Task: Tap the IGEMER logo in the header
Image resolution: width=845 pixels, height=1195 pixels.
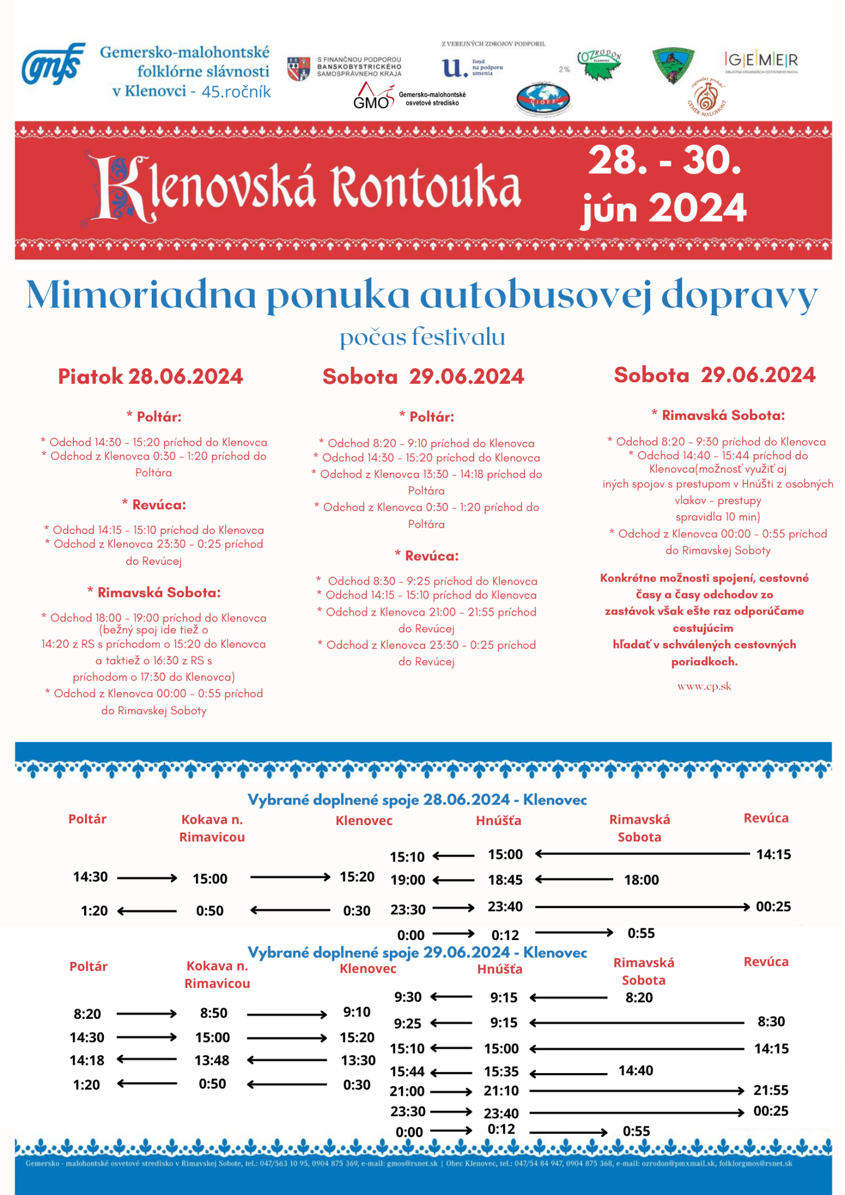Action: [x=761, y=60]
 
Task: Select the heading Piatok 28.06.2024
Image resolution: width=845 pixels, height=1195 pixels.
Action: [x=151, y=376]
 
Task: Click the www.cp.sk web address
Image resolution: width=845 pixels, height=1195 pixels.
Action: [x=704, y=686]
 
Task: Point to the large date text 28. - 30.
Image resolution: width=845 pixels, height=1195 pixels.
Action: [x=664, y=160]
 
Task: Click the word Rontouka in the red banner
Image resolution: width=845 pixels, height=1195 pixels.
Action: [x=426, y=187]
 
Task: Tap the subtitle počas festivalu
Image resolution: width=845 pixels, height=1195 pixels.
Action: [x=423, y=337]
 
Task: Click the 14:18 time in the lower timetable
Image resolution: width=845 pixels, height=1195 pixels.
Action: [x=87, y=1060]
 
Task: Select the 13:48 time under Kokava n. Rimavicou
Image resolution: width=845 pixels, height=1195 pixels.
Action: [x=212, y=1060]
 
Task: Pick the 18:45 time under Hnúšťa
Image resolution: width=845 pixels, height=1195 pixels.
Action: [x=505, y=880]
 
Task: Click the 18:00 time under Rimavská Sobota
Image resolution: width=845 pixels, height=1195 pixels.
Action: [x=641, y=880]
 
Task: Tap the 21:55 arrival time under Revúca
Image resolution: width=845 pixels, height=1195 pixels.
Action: [x=771, y=1090]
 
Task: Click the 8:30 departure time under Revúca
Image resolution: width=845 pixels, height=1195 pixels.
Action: [x=771, y=1021]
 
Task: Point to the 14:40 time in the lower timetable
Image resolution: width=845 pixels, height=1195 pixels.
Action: [x=636, y=1070]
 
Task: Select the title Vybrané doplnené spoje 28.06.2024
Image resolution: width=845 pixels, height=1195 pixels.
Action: [x=417, y=799]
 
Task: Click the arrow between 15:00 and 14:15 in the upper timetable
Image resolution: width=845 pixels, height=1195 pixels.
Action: [x=642, y=854]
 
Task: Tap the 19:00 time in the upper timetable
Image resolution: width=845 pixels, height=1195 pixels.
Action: [x=408, y=880]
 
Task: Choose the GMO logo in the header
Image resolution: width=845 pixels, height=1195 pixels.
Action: [x=373, y=97]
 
